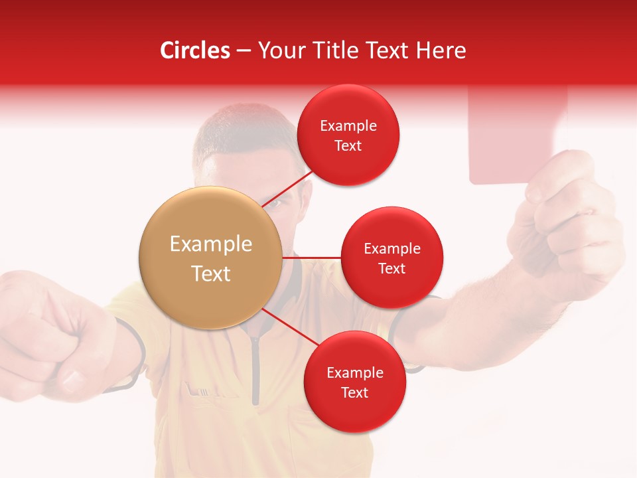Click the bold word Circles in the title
(195, 50)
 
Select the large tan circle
(211, 258)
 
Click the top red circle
(348, 135)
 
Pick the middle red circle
(392, 258)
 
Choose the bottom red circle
(355, 382)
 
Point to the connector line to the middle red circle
(312, 257)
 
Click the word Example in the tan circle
(211, 244)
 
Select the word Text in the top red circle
(348, 146)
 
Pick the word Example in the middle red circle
(392, 248)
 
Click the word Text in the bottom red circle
(355, 392)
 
